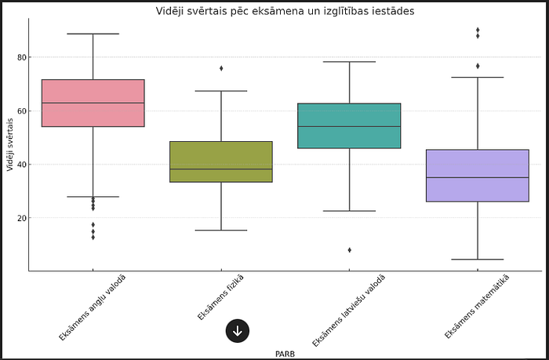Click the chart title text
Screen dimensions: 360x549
tap(274, 11)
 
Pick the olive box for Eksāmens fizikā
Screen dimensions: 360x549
tap(221, 162)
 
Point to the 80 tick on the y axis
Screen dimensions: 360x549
tap(21, 57)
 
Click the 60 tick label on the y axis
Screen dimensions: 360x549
tap(21, 111)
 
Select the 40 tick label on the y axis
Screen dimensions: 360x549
tap(21, 164)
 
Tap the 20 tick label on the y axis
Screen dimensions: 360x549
tap(21, 217)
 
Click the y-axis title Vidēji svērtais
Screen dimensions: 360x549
tap(9, 144)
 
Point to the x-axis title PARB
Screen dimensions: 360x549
tap(285, 354)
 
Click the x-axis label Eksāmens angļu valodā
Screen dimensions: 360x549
tap(92, 307)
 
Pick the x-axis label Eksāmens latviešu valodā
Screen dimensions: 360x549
tap(348, 310)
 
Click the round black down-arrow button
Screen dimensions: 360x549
tap(238, 331)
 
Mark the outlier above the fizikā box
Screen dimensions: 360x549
tap(221, 68)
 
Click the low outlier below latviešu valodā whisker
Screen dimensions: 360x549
tap(349, 250)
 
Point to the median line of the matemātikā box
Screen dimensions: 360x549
tap(477, 177)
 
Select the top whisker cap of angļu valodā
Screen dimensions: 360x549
tap(93, 34)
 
